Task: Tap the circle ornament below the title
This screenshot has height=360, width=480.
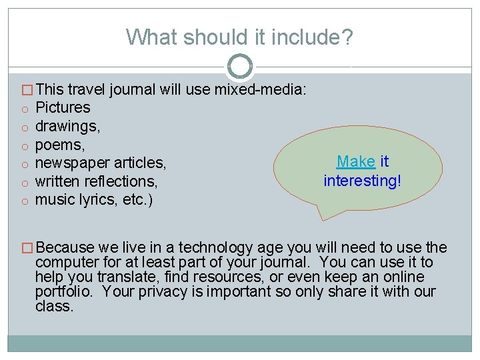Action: tap(240, 66)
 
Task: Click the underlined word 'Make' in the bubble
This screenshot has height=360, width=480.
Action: tap(356, 161)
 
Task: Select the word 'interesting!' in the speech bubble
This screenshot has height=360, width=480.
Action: tap(363, 180)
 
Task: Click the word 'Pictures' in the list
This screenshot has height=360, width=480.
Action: tap(63, 107)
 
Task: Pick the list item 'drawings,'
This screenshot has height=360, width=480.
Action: tap(67, 126)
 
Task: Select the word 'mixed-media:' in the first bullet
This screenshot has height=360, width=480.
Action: tap(260, 89)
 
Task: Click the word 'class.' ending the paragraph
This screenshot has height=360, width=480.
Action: tap(54, 306)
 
